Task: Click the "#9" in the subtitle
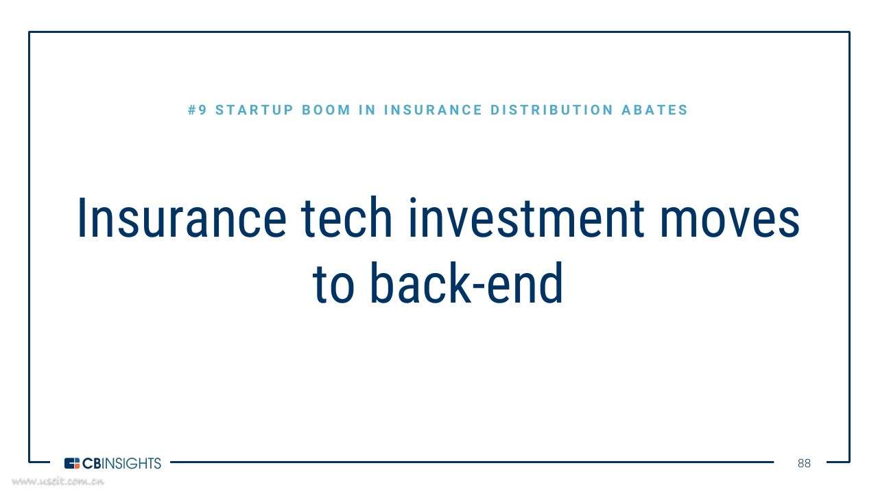(x=197, y=110)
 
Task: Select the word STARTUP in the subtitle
(x=254, y=110)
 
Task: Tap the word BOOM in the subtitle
(x=326, y=110)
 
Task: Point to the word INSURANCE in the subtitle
(x=433, y=110)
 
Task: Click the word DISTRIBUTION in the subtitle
(x=552, y=110)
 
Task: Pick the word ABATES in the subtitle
(x=654, y=110)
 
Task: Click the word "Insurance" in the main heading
(x=182, y=217)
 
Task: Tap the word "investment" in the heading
(x=526, y=217)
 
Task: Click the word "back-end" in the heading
(x=466, y=283)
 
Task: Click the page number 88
(x=804, y=463)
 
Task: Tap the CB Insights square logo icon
(x=72, y=463)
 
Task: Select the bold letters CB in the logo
(x=92, y=463)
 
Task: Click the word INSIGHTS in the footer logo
(x=132, y=463)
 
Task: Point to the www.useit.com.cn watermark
(x=58, y=481)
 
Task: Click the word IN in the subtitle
(x=367, y=110)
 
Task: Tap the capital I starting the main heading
(x=82, y=217)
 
